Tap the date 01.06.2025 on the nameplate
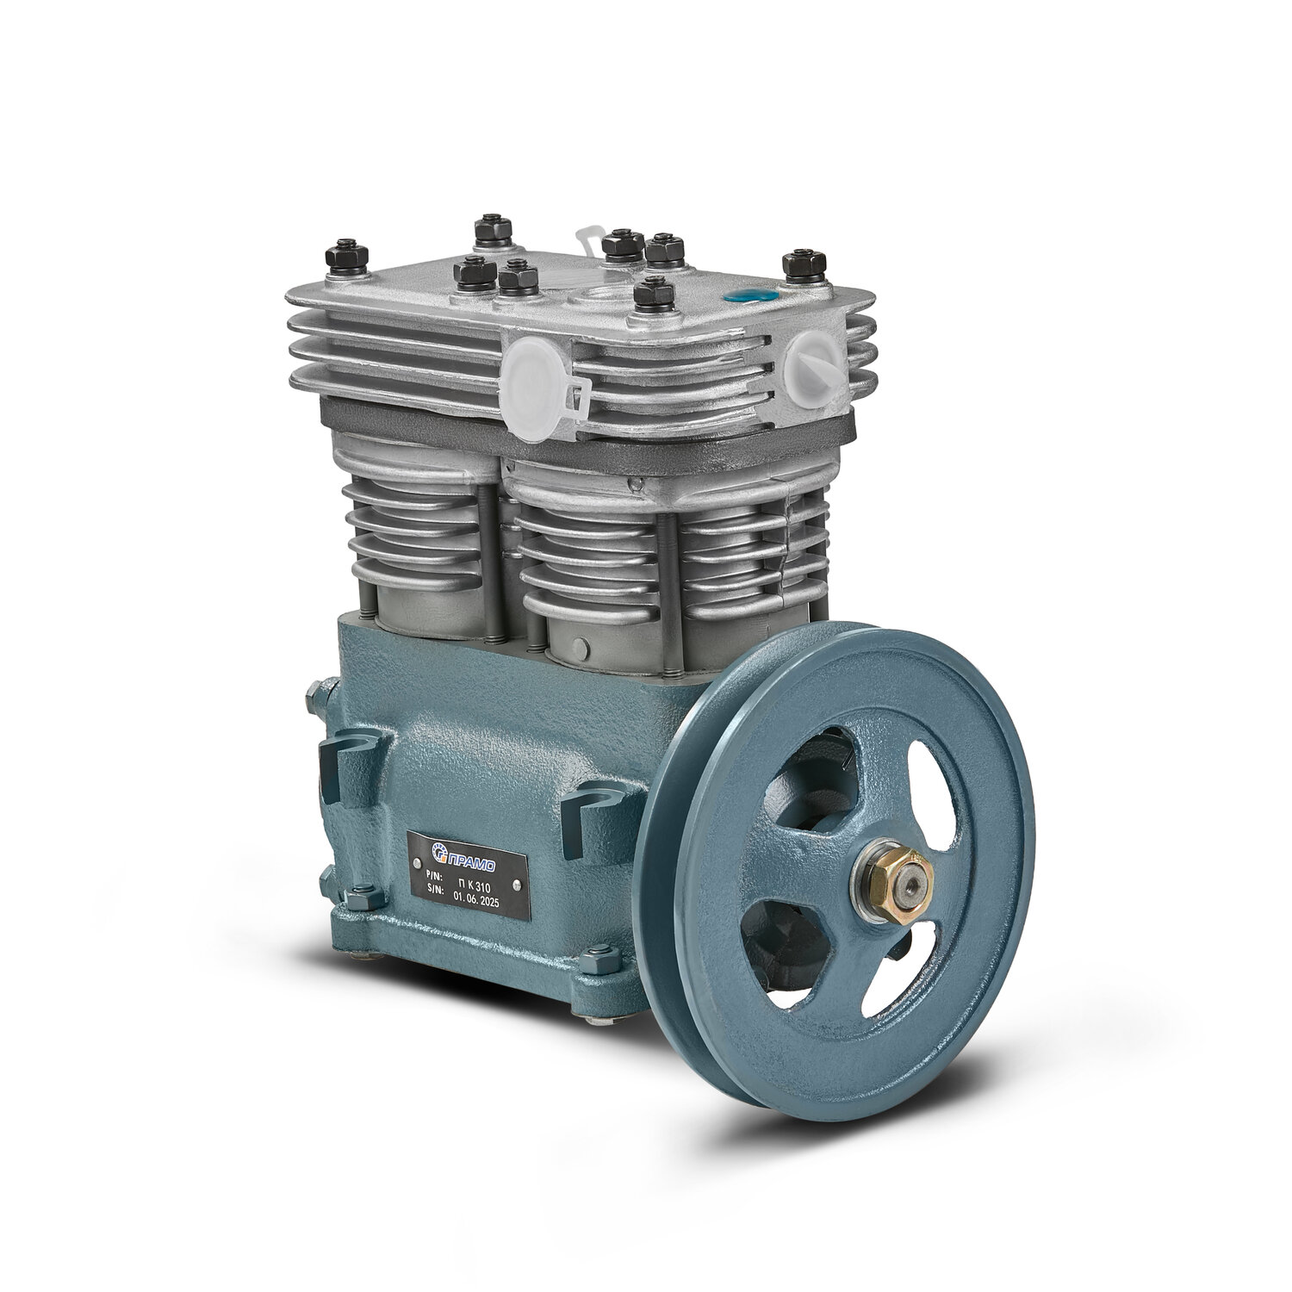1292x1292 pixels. pos(481,895)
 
